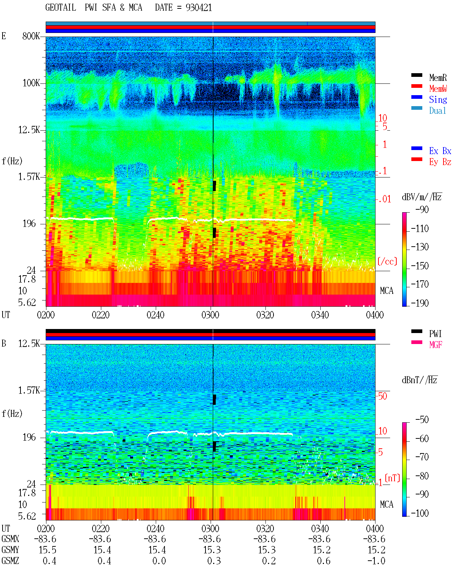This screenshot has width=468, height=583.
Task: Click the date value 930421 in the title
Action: tap(199, 8)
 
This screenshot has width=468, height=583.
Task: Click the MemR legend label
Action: tap(438, 78)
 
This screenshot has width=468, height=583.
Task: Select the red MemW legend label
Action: tap(438, 89)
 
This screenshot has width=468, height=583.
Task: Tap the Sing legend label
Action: tap(438, 100)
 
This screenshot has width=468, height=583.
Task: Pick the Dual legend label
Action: tap(438, 111)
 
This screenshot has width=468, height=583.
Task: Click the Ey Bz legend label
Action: tap(440, 162)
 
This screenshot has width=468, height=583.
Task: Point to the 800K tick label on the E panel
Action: tap(31, 36)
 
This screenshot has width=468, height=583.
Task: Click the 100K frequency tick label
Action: tap(31, 83)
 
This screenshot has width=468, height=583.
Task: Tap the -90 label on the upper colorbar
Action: tap(422, 209)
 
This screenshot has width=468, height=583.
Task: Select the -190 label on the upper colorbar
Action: tap(420, 303)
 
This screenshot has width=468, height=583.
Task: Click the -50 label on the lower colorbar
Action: tap(422, 420)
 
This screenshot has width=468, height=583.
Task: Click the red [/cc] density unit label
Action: tap(387, 261)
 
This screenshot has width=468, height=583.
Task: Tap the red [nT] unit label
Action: tap(392, 478)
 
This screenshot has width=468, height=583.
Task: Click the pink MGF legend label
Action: tap(435, 345)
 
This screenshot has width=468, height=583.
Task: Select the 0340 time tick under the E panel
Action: tap(320, 315)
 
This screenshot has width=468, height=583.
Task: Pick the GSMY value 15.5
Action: tap(48, 550)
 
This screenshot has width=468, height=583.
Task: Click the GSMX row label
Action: tap(10, 539)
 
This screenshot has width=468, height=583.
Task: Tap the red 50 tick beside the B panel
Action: tap(382, 396)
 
